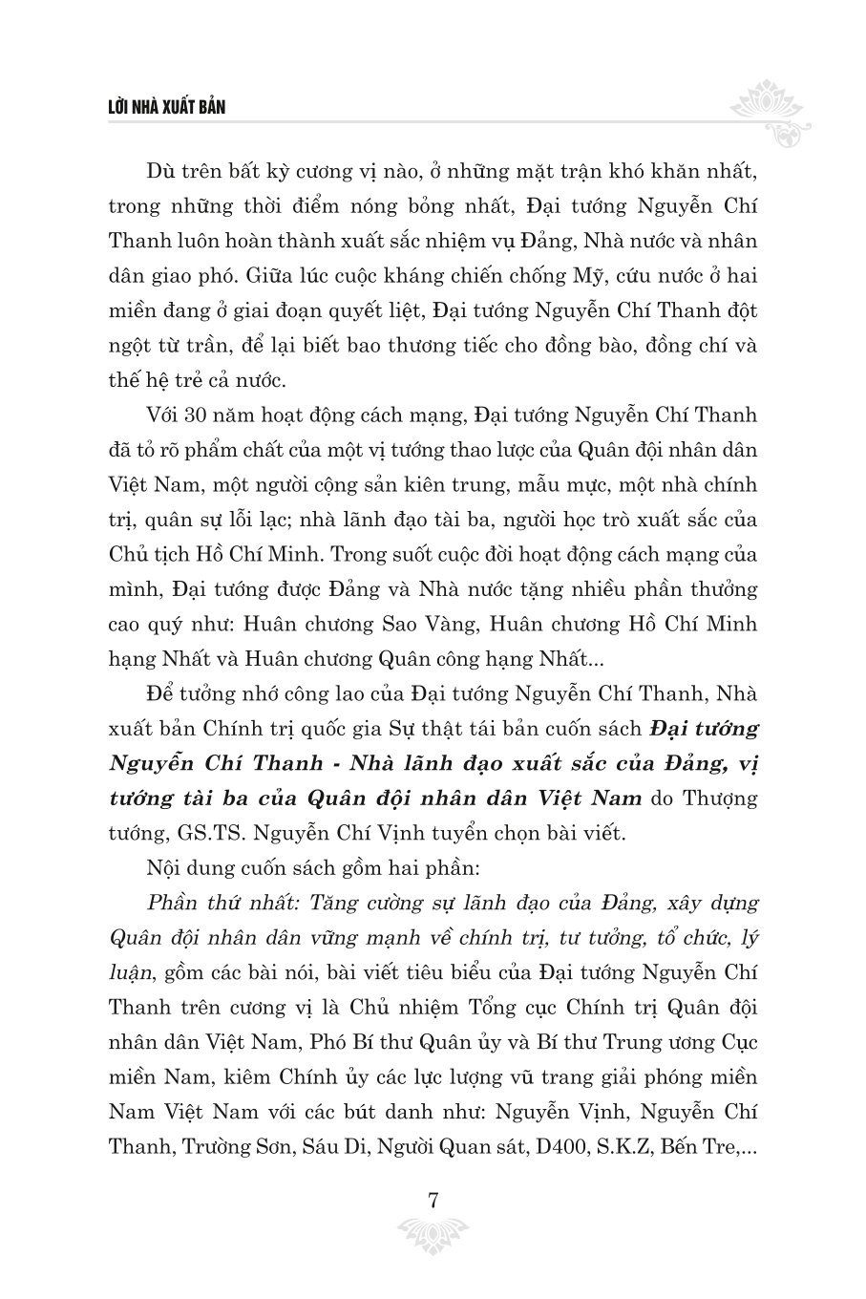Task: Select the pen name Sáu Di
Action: coord(319,1146)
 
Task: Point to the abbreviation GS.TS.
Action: coord(215,833)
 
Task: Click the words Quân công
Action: coord(428,659)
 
